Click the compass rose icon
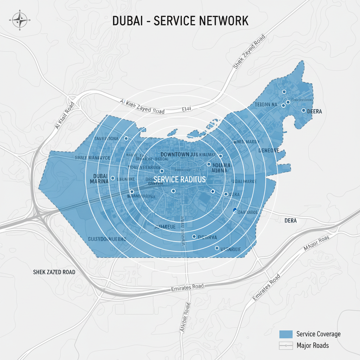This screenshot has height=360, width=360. (20, 20)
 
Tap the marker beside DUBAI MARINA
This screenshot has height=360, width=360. (112, 178)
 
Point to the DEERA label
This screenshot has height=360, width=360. (315, 111)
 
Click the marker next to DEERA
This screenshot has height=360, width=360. (303, 110)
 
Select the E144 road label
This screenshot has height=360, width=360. (187, 109)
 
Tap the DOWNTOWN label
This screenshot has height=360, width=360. (175, 154)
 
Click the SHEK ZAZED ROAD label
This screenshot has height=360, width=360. (54, 272)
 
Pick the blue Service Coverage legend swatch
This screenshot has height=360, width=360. (285, 334)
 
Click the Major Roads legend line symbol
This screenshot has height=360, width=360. (285, 346)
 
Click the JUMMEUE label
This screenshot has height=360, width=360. (165, 227)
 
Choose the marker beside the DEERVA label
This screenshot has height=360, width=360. (194, 236)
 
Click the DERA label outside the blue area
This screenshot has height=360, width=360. (290, 220)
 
